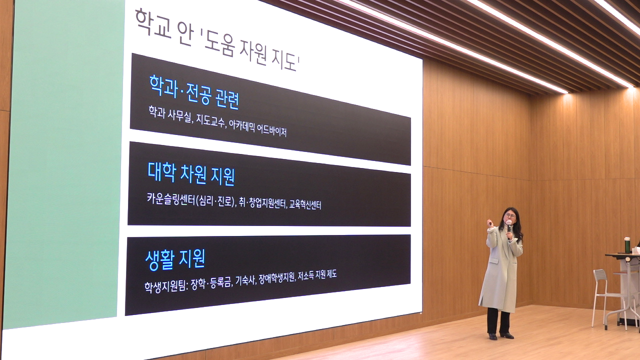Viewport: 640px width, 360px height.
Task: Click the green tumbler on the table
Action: click(x=627, y=244)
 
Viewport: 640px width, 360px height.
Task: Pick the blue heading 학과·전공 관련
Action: click(x=194, y=92)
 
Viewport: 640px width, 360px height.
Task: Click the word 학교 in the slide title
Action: click(x=153, y=23)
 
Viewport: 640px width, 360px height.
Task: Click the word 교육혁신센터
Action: click(x=305, y=204)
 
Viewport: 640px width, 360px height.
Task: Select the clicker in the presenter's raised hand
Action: click(x=489, y=223)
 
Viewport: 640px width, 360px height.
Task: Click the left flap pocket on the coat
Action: click(x=492, y=261)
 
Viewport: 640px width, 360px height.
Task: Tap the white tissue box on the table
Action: click(x=636, y=250)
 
